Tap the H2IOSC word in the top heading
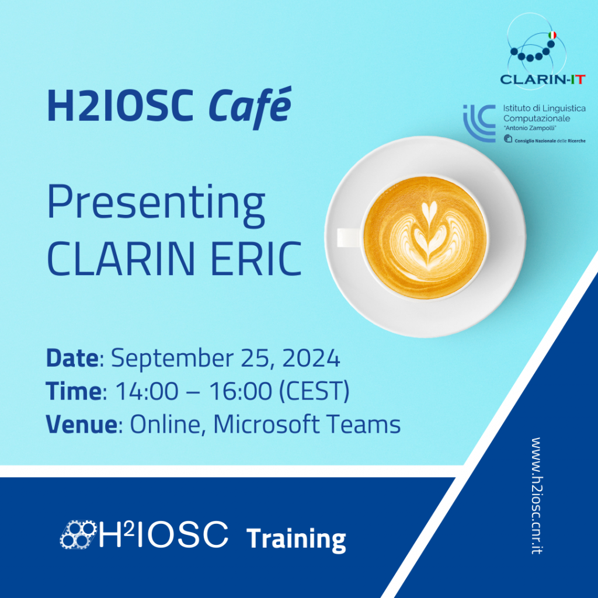(x=120, y=105)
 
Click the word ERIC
(x=256, y=259)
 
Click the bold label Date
(x=72, y=358)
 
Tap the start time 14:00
(x=147, y=391)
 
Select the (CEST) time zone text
(x=314, y=391)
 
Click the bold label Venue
(x=82, y=424)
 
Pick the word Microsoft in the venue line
(x=266, y=424)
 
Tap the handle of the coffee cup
(x=349, y=237)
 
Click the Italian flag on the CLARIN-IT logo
(x=552, y=36)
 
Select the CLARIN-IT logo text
(x=543, y=79)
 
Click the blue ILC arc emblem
(x=479, y=123)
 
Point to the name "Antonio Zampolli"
(x=530, y=128)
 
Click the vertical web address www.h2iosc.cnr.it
(x=537, y=495)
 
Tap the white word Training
(x=296, y=539)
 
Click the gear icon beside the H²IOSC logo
(x=78, y=535)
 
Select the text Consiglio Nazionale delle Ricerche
(x=550, y=141)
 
